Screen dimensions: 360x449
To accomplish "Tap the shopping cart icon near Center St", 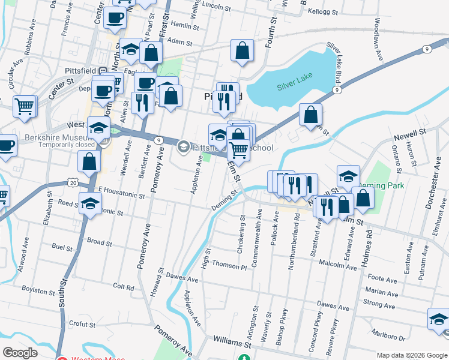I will (x=25, y=106).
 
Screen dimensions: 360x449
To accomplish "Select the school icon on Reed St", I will (x=90, y=204).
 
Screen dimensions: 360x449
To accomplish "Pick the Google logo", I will (x=19, y=353).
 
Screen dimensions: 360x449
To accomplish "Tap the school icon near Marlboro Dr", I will (x=439, y=319).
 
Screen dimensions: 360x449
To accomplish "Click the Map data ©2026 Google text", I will (x=411, y=355).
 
